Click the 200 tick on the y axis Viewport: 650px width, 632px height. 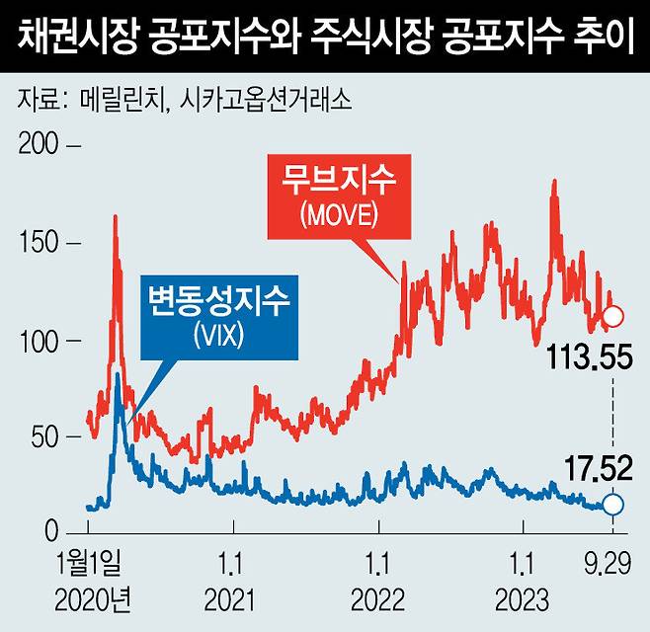(38, 146)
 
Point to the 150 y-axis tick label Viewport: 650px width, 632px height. (38, 243)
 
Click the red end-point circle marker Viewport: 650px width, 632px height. (612, 316)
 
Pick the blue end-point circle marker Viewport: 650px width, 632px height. (612, 505)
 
